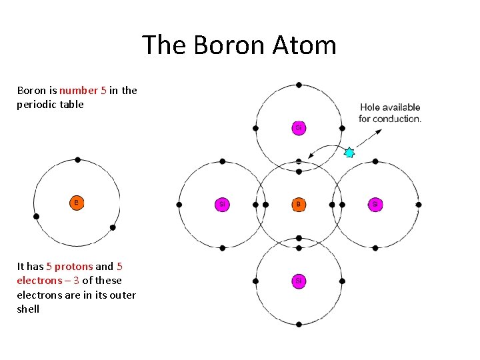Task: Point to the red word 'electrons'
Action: click(x=37, y=281)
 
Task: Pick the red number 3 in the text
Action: click(x=75, y=281)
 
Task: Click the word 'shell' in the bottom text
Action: click(x=28, y=309)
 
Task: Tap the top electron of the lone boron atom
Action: click(x=78, y=160)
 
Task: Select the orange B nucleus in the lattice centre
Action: click(x=299, y=204)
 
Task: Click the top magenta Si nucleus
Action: click(x=299, y=127)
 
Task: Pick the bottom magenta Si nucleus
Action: click(x=299, y=281)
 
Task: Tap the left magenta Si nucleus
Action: click(x=222, y=204)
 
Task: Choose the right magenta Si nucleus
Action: click(x=375, y=204)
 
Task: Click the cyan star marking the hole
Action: click(x=349, y=153)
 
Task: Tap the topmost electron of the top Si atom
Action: click(x=299, y=85)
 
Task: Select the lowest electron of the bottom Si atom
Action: click(x=299, y=325)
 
